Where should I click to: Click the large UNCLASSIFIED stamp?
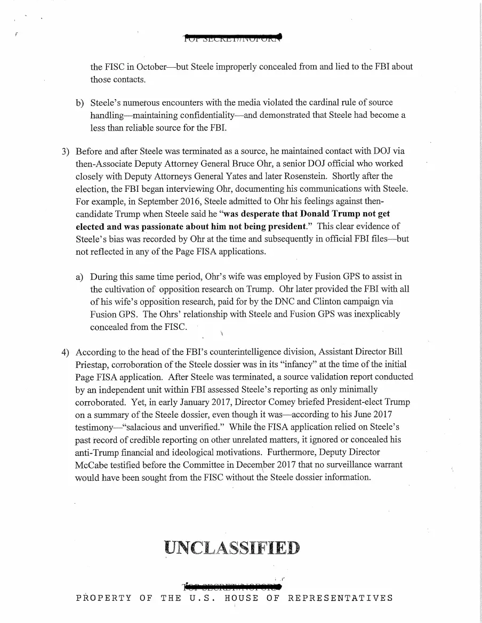point(232,547)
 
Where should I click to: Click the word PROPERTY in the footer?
point(103,598)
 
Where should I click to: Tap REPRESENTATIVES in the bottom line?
point(340,598)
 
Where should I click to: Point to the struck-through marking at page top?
point(232,37)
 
